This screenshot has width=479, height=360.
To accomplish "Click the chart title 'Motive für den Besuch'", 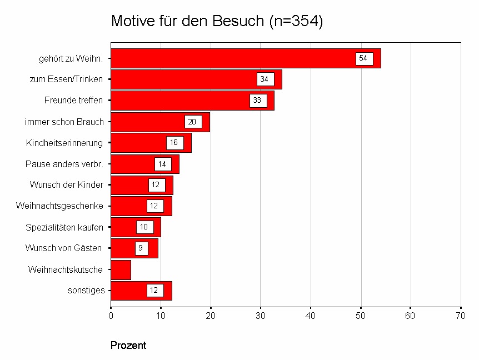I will point(217,21).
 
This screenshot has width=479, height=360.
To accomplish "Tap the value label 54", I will point(364,58).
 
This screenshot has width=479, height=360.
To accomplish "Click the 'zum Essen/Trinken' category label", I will point(66,79).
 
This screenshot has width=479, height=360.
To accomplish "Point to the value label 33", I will point(258,101).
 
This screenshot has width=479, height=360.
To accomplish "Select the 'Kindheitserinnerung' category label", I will point(64,143).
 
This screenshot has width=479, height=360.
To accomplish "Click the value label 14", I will point(162,164).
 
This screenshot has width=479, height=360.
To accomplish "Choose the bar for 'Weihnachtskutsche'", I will point(121,269).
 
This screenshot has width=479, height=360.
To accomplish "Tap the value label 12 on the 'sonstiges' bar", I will point(155,291).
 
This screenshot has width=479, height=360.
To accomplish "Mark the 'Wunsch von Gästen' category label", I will point(64,248).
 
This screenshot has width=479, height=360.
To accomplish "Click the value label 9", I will point(141,248).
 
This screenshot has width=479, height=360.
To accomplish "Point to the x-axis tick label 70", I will point(461,316).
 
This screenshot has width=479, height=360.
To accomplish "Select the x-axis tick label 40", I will point(311,316).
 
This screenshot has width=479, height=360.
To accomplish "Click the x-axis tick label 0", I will point(111,316).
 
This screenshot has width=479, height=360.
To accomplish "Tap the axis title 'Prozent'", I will point(128,346).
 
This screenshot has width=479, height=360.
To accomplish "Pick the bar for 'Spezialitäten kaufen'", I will point(136,227).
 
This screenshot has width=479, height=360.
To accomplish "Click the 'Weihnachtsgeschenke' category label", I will point(59,206).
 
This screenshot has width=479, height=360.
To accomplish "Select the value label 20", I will point(193,122).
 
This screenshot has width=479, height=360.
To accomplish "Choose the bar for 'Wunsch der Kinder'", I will point(142,185).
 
